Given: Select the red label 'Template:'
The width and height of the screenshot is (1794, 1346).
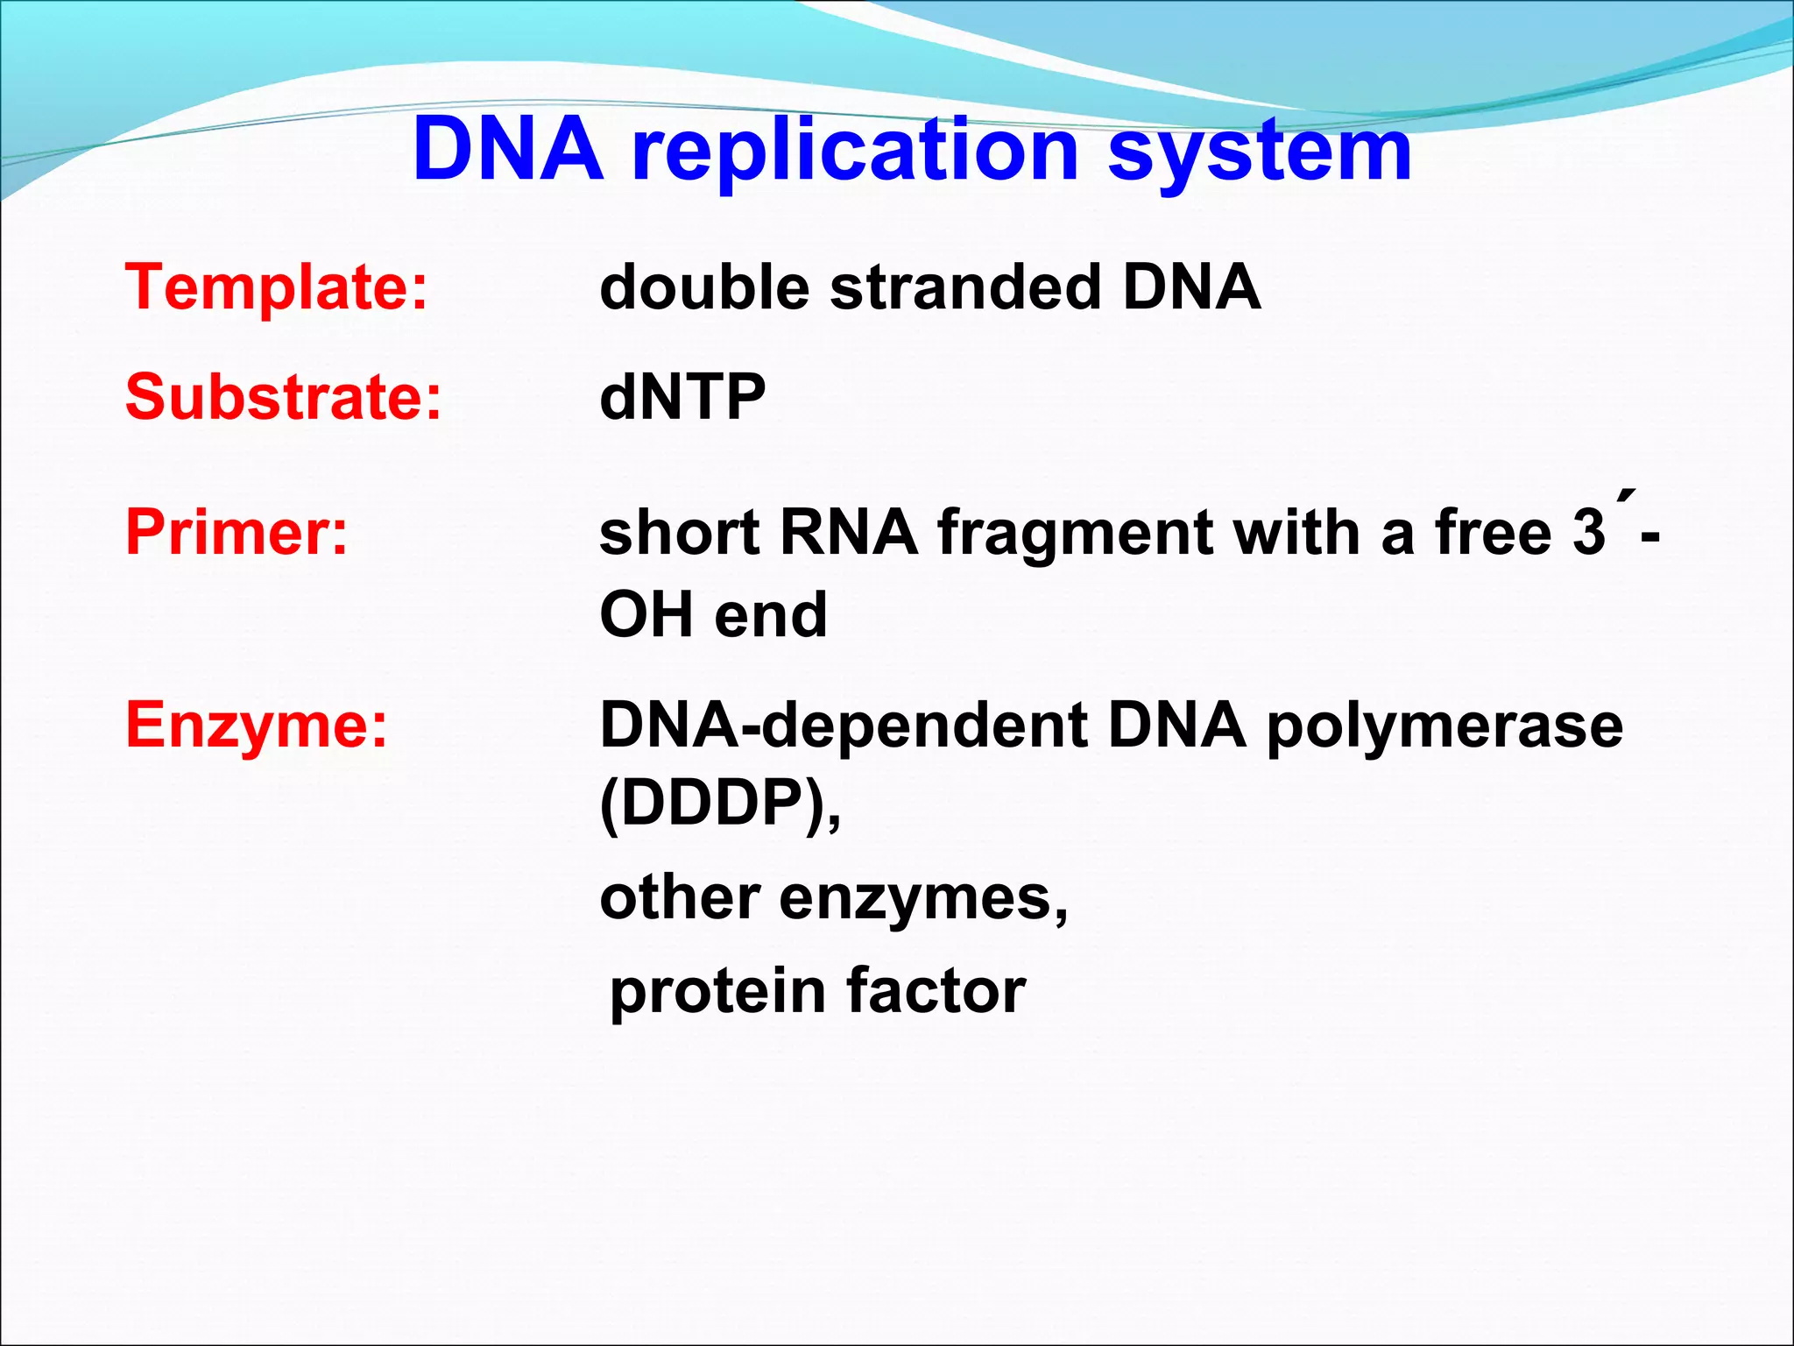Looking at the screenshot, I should (277, 287).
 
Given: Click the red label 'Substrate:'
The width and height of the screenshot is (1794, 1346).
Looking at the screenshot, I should (284, 397).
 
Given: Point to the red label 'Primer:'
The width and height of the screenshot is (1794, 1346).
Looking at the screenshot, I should (237, 532).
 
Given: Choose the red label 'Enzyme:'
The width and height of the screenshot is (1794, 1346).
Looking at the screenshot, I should (257, 726).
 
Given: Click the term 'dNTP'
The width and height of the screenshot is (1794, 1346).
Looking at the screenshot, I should (682, 397).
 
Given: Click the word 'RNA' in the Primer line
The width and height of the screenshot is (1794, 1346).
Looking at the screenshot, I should (849, 532).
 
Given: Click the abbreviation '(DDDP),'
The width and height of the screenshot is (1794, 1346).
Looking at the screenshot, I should (720, 804).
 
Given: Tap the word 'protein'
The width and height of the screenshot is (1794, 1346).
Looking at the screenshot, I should (717, 992).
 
